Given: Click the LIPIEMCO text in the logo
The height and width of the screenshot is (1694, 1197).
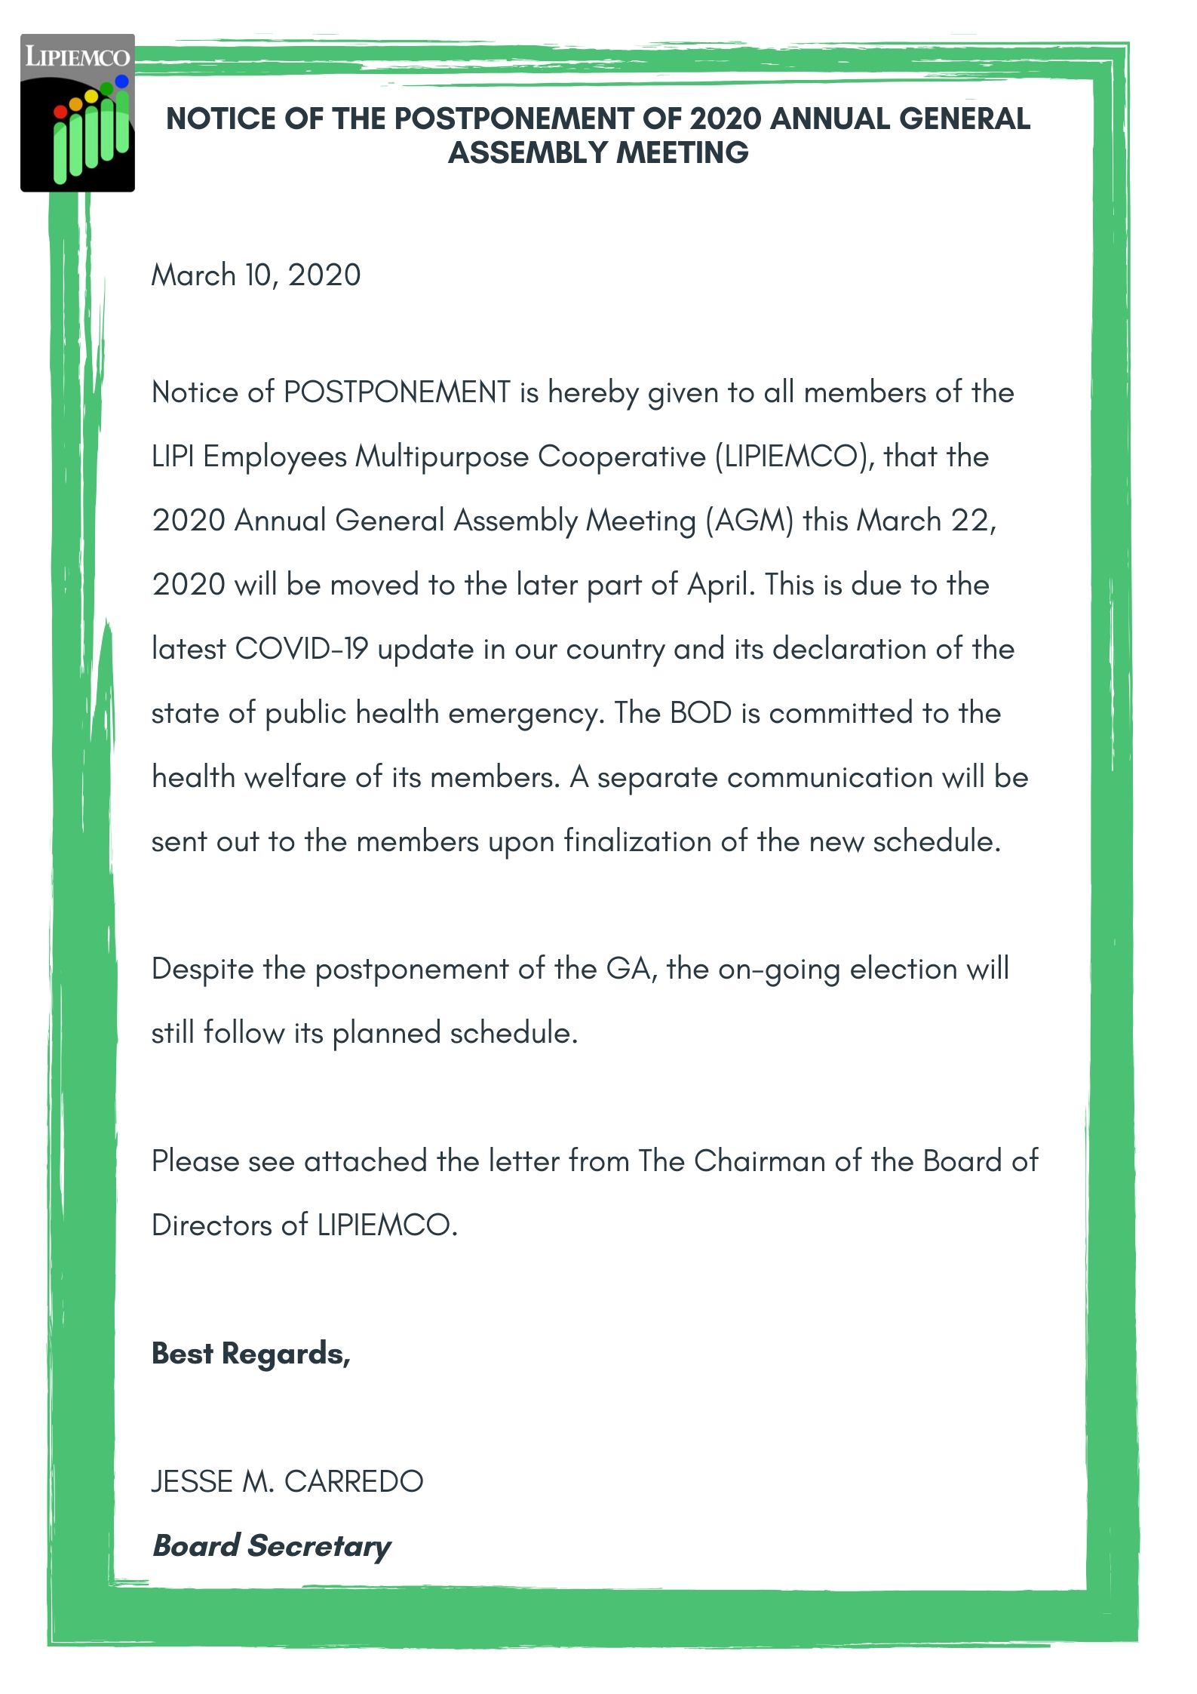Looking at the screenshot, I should click(x=77, y=57).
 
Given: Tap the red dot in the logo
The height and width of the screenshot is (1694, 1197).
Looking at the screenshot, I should click(x=61, y=112).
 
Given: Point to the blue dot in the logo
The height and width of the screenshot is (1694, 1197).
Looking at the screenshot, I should click(x=121, y=81).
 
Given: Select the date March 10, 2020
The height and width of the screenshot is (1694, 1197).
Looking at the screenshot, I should click(x=256, y=275).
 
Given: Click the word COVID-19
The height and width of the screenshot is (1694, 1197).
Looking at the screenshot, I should click(x=302, y=649).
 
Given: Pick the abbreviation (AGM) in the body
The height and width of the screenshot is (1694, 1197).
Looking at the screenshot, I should click(x=749, y=521).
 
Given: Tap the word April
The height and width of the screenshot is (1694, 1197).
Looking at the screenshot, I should click(x=720, y=585).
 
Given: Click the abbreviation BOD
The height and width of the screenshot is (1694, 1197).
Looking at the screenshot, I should click(x=701, y=713).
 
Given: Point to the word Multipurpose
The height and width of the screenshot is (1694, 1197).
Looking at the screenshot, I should click(x=442, y=457).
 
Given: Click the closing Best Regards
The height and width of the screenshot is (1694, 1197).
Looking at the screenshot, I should click(x=251, y=1354).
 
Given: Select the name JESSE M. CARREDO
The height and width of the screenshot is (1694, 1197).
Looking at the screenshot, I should click(x=287, y=1482).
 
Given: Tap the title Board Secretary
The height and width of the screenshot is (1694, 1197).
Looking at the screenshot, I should click(x=272, y=1546).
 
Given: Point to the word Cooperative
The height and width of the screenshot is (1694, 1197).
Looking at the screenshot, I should click(x=622, y=457).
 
